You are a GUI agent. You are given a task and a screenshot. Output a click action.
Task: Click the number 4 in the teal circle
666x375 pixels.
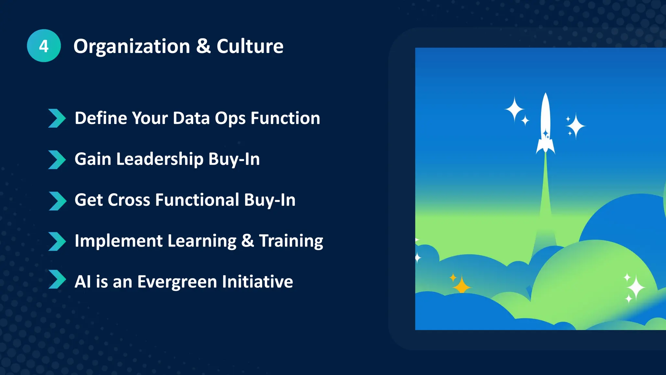pyautogui.click(x=44, y=46)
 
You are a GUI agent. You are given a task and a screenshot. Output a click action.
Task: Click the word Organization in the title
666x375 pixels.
pyautogui.click(x=132, y=46)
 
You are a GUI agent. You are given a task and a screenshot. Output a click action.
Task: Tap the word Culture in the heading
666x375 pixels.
pyautogui.click(x=250, y=46)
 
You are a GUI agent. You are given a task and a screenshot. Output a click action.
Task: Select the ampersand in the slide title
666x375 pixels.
pyautogui.click(x=203, y=46)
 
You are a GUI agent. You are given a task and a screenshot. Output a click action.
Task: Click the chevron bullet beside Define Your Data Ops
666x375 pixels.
pyautogui.click(x=57, y=118)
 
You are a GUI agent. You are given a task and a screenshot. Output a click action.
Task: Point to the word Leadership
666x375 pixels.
pyautogui.click(x=160, y=159)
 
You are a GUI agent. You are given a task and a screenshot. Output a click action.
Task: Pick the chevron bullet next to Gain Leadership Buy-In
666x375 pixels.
pyautogui.click(x=57, y=160)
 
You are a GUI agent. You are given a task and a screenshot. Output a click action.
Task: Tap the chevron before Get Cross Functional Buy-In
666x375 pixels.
pyautogui.click(x=57, y=201)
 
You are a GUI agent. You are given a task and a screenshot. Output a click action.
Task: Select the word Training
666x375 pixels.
pyautogui.click(x=291, y=241)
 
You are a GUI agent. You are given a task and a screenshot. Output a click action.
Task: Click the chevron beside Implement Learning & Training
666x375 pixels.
pyautogui.click(x=57, y=242)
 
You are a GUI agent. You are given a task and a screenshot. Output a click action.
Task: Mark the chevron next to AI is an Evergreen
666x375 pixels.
pyautogui.click(x=57, y=279)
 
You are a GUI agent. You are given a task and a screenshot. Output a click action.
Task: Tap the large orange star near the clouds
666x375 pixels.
pyautogui.click(x=461, y=286)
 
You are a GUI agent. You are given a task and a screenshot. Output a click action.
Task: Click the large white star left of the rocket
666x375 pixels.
pyautogui.click(x=514, y=109)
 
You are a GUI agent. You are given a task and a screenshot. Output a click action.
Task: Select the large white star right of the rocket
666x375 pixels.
pyautogui.click(x=576, y=126)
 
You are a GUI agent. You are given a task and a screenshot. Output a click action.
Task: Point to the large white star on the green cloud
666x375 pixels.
pyautogui.click(x=636, y=287)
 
